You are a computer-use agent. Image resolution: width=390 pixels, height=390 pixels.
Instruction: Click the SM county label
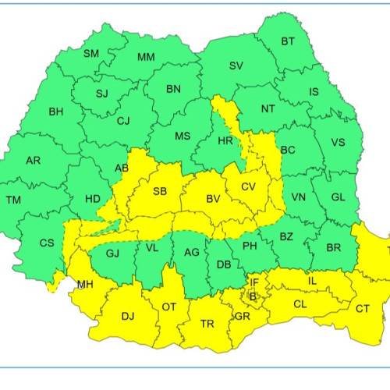pos(91,54)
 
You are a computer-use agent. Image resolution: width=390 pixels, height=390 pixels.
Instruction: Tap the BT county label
pos(288,41)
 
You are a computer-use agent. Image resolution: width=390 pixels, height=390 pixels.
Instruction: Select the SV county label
pos(236,66)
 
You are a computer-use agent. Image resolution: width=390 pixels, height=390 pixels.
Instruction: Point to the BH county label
pos(56,112)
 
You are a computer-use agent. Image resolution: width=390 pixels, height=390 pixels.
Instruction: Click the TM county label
pos(13,200)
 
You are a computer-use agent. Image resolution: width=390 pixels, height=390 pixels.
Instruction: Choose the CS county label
pos(47,243)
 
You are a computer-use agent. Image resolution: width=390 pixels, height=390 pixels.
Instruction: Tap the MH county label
pos(84,285)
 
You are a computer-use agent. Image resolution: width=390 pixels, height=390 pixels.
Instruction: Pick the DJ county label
pos(128,316)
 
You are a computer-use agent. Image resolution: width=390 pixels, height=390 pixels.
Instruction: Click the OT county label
pos(168,307)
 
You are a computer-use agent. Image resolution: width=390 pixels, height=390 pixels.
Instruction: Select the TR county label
pos(207,324)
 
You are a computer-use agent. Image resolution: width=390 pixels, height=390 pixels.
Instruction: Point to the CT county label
pos(363,309)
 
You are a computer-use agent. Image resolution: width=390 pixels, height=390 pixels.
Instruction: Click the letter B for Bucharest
pos(252,296)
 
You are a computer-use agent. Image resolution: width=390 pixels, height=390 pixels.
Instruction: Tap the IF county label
pos(253,282)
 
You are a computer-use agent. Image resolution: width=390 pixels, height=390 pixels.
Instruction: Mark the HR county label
pos(225,141)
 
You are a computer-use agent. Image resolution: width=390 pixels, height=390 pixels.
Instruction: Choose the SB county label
pos(159,192)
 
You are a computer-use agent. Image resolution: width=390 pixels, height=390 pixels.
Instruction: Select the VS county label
pos(338,143)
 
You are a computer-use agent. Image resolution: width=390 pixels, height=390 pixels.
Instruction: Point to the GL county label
pos(337,197)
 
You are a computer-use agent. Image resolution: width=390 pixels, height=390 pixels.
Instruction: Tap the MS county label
pos(182,136)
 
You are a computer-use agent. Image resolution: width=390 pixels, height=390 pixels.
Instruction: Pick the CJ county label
pos(123,121)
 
